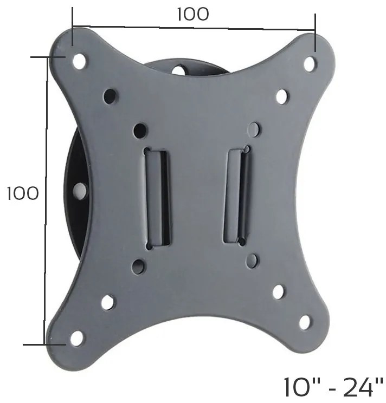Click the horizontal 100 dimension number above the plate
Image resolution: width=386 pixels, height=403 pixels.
(x=193, y=14)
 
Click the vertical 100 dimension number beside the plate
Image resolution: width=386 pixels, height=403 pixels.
(x=23, y=193)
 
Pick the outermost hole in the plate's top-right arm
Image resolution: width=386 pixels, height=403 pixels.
(x=310, y=63)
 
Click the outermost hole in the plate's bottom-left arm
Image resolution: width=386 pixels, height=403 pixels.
(x=77, y=338)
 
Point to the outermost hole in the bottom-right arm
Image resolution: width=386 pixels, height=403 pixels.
(x=305, y=322)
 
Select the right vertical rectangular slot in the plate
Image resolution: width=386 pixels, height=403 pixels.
(x=237, y=194)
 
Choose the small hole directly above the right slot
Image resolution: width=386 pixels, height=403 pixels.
(x=254, y=129)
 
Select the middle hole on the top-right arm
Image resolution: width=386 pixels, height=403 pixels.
(x=281, y=96)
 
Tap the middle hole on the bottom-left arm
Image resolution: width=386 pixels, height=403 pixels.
(x=107, y=302)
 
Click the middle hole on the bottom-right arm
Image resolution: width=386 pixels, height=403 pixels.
(x=279, y=292)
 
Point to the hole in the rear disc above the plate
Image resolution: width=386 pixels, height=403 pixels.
(x=178, y=70)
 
